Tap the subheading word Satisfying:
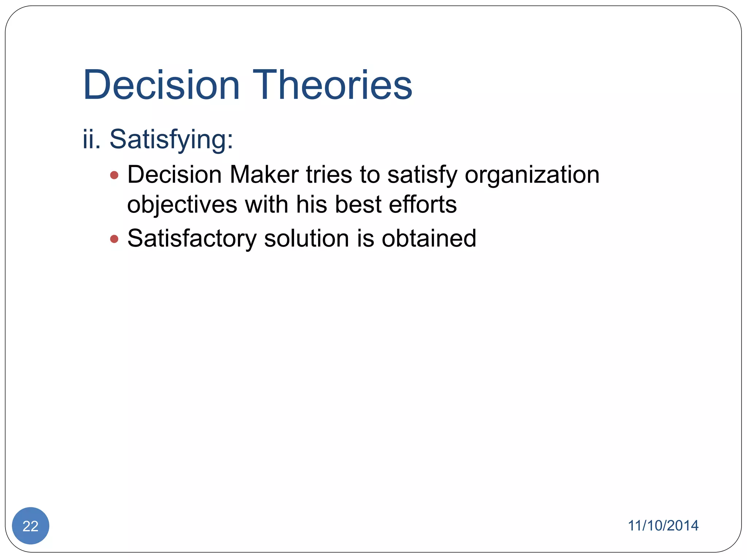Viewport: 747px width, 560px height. point(171,140)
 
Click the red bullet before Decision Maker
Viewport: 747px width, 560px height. point(114,175)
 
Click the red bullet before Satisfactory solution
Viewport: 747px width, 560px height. point(114,239)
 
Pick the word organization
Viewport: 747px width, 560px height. point(532,175)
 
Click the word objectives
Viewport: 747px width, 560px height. point(182,205)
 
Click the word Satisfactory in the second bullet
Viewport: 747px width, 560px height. point(192,239)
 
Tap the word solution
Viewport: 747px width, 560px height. point(307,239)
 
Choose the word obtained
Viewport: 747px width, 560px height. point(429,239)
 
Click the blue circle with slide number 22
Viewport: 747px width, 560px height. point(31,526)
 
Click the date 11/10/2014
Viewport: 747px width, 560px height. point(663,526)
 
